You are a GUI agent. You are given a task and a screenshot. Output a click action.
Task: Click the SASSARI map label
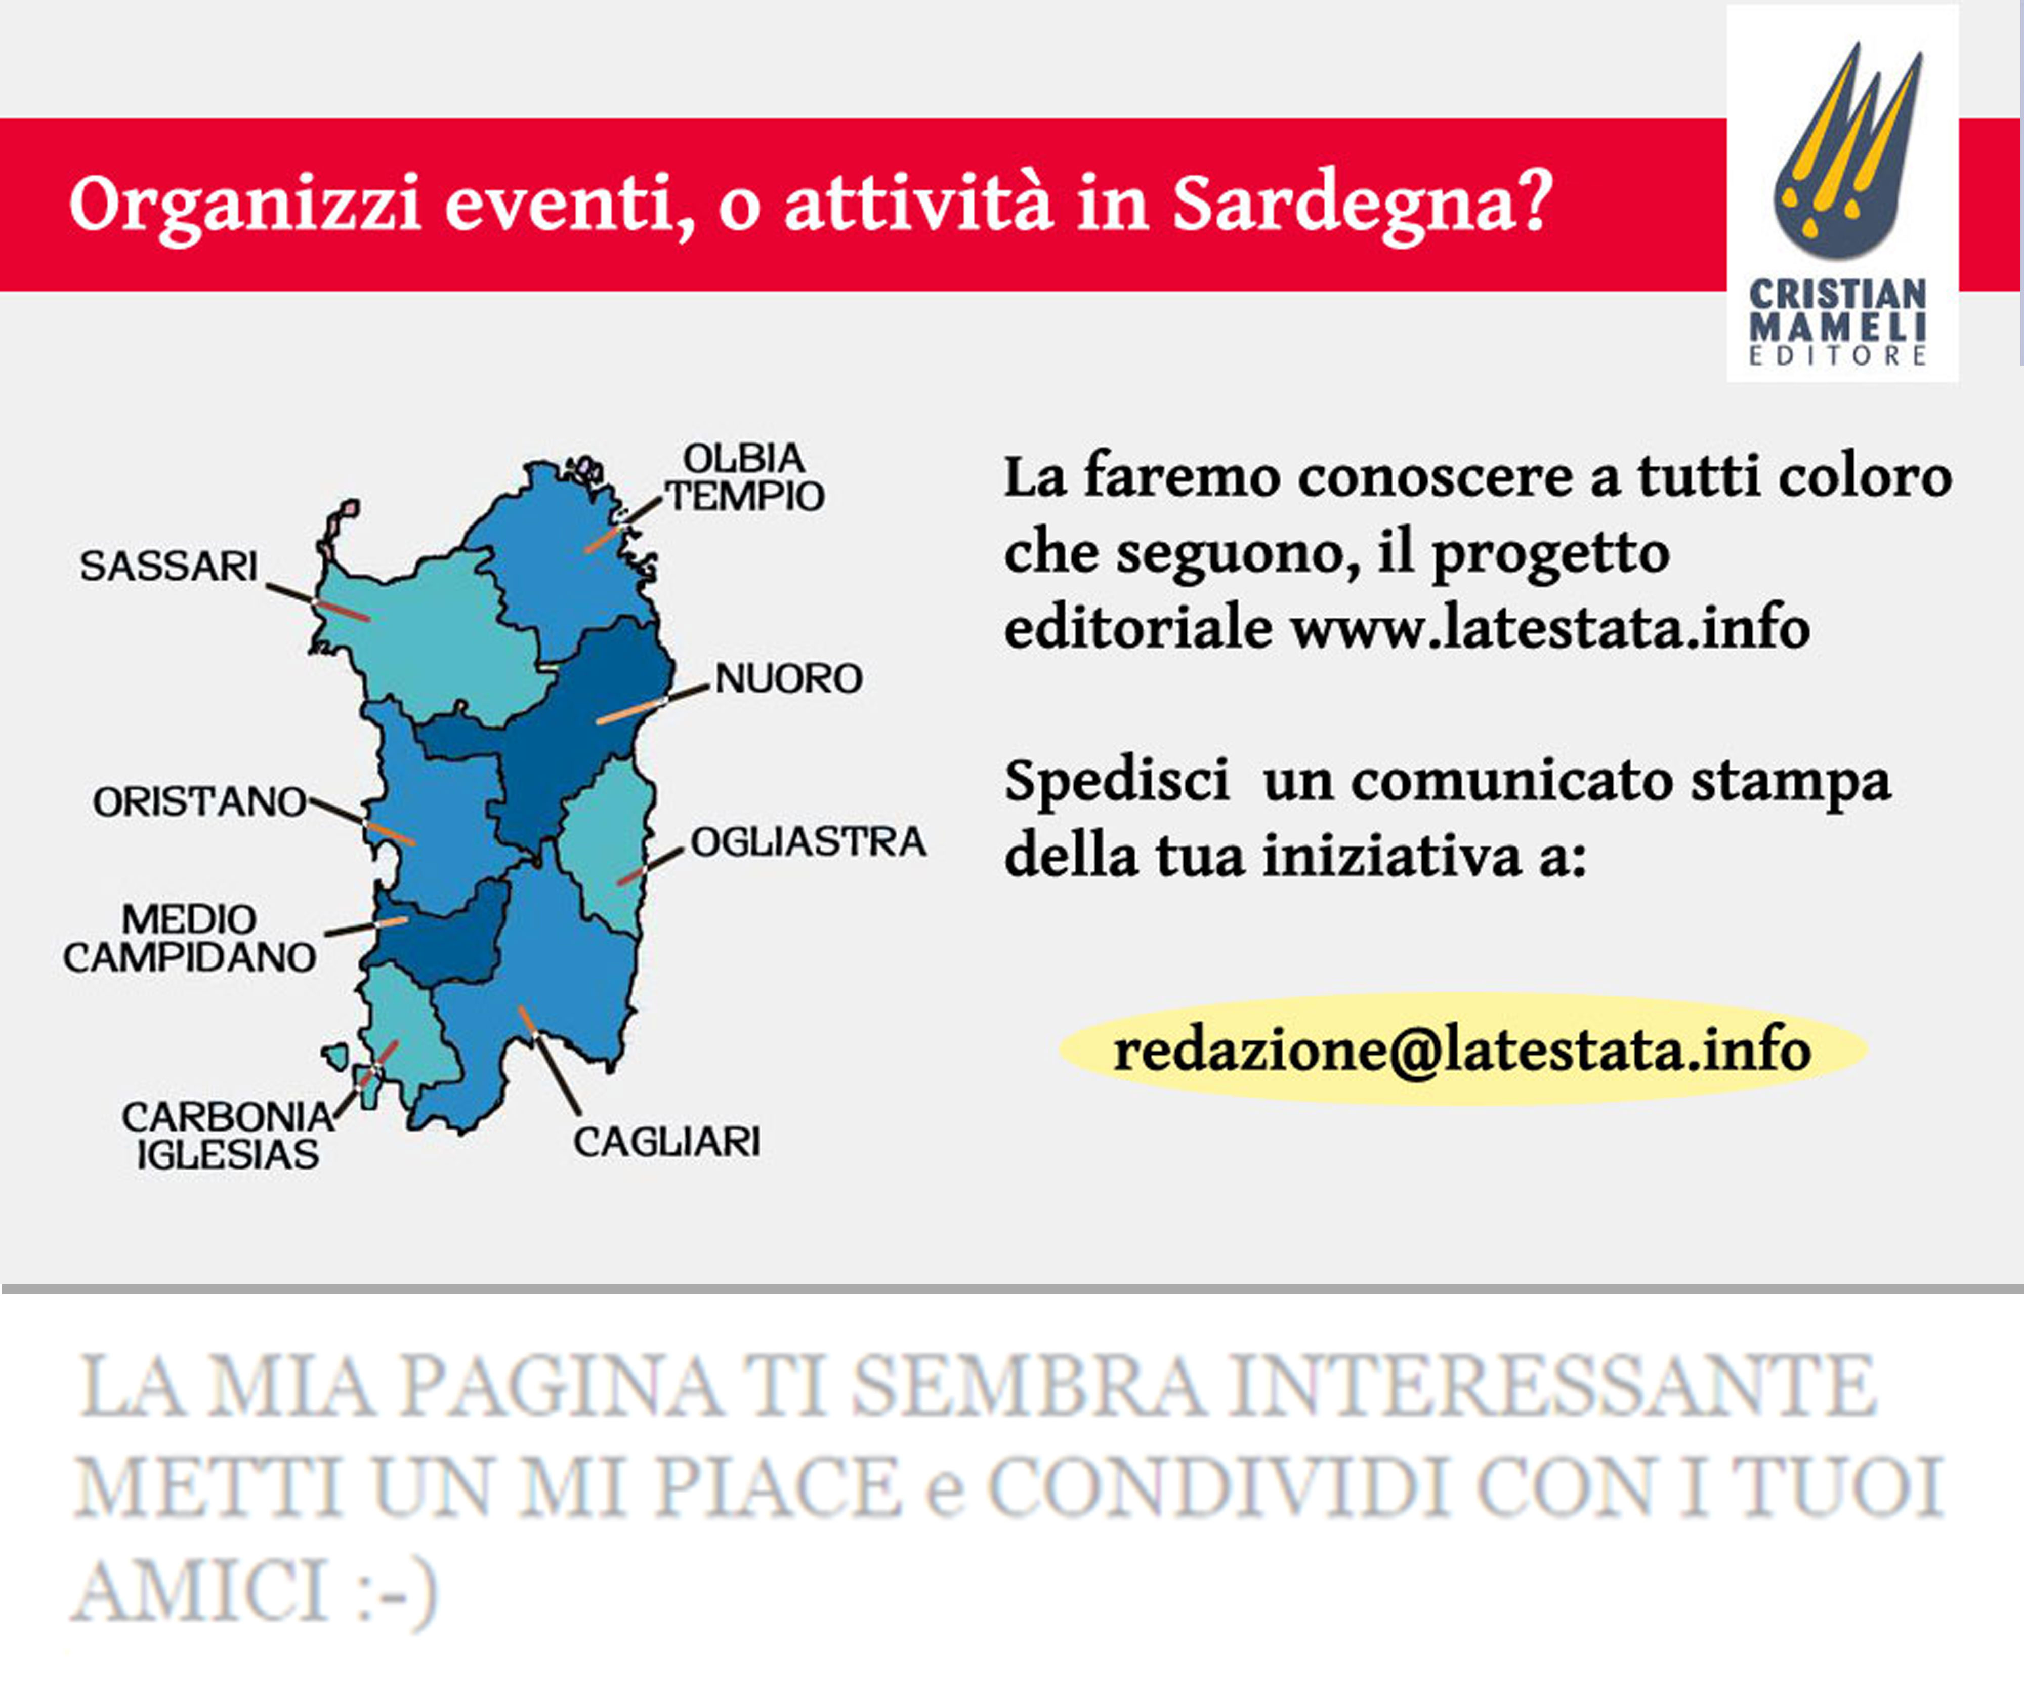[x=168, y=566]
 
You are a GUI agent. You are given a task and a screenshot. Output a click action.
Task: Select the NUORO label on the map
[x=788, y=679]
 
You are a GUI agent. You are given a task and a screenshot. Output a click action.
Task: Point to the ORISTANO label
[x=199, y=801]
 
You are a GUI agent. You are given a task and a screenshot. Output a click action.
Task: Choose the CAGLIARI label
[x=667, y=1142]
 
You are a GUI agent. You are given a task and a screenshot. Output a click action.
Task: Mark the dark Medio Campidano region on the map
[x=439, y=933]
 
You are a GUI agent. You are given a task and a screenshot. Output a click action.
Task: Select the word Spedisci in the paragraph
[x=1116, y=782]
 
